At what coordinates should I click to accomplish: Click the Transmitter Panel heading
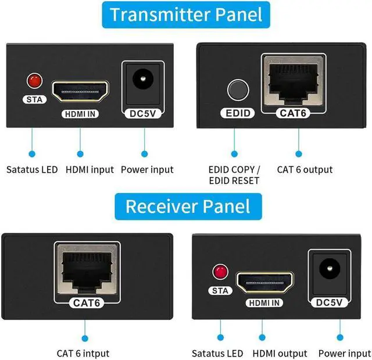coord(186,14)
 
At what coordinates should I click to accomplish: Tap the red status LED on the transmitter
coord(34,79)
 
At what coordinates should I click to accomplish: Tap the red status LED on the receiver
coord(220,271)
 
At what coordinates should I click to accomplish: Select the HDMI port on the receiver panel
coord(265,283)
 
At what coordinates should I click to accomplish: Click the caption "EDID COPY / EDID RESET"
coord(234,174)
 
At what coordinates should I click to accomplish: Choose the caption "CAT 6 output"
coord(305,169)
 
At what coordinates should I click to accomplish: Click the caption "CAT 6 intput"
coord(83,353)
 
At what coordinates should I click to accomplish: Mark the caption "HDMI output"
coord(280,353)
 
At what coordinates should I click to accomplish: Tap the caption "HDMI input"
coord(90,169)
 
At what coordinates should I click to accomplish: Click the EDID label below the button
coord(235,113)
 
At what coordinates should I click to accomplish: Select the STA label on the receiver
coord(220,291)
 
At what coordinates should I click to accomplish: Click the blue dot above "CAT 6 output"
coord(300,154)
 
